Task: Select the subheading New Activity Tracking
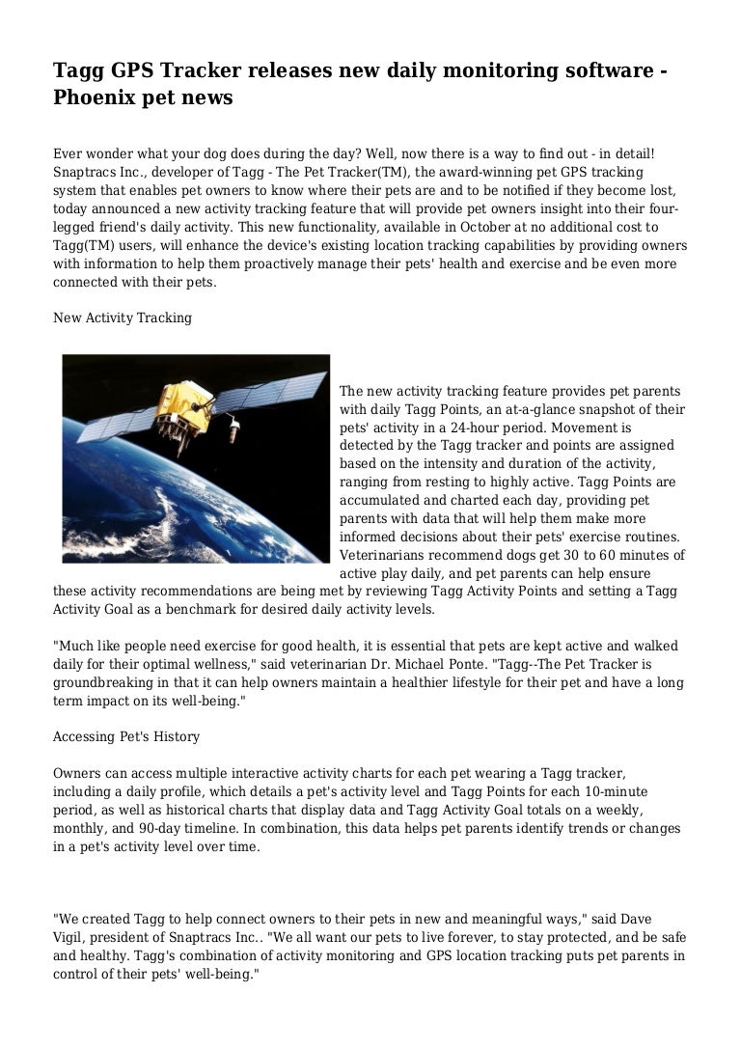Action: [x=123, y=317]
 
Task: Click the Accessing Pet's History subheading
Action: [x=126, y=736]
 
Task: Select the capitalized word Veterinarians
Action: [x=387, y=555]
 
